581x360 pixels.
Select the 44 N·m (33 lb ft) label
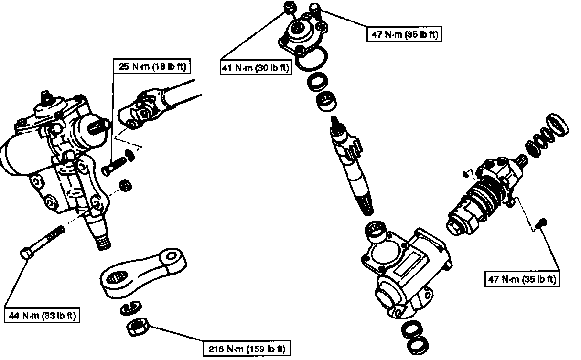[42, 316]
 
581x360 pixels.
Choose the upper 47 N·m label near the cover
[404, 34]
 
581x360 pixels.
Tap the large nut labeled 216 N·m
[139, 327]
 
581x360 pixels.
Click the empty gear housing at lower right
[406, 272]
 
